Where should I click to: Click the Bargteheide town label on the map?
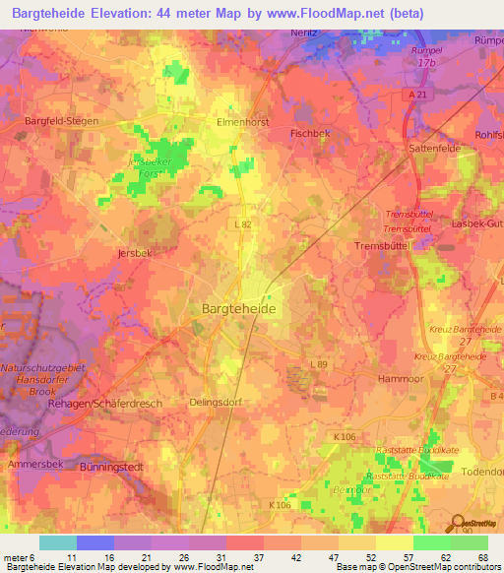(238, 308)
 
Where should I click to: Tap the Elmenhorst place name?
(242, 123)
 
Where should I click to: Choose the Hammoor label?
(400, 378)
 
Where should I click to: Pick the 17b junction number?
(425, 63)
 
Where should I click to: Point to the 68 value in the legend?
(482, 556)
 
